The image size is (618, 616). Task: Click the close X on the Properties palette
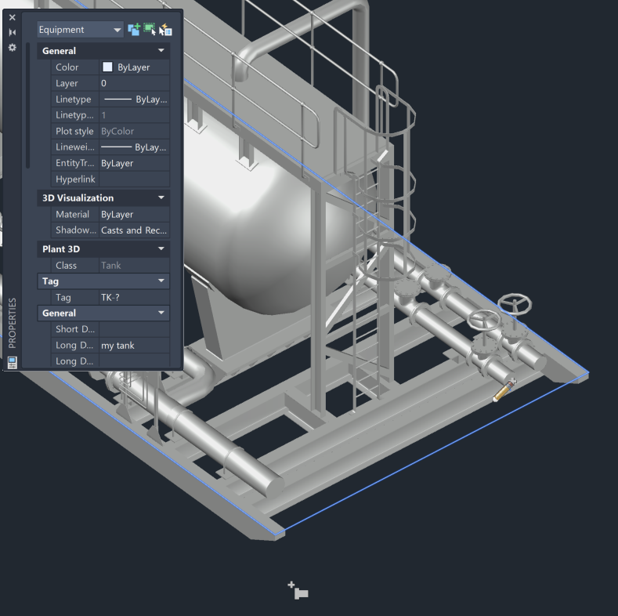[x=12, y=17]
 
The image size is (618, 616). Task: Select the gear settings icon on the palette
[x=12, y=48]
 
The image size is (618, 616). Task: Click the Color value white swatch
[x=108, y=67]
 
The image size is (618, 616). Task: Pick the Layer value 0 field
[x=133, y=83]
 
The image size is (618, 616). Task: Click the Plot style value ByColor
[x=133, y=132]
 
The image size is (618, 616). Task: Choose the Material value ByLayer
[x=133, y=215]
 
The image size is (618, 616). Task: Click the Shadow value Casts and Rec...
[x=133, y=230]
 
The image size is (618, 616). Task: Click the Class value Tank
[x=133, y=266]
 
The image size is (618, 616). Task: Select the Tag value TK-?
[x=133, y=298]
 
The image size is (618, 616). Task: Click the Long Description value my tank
[x=133, y=346]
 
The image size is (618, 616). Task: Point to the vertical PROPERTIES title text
[x=12, y=322]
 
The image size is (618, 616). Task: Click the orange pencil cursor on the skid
[x=504, y=390]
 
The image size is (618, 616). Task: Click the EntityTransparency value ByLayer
[x=133, y=164]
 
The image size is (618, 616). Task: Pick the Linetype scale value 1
[x=133, y=115]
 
